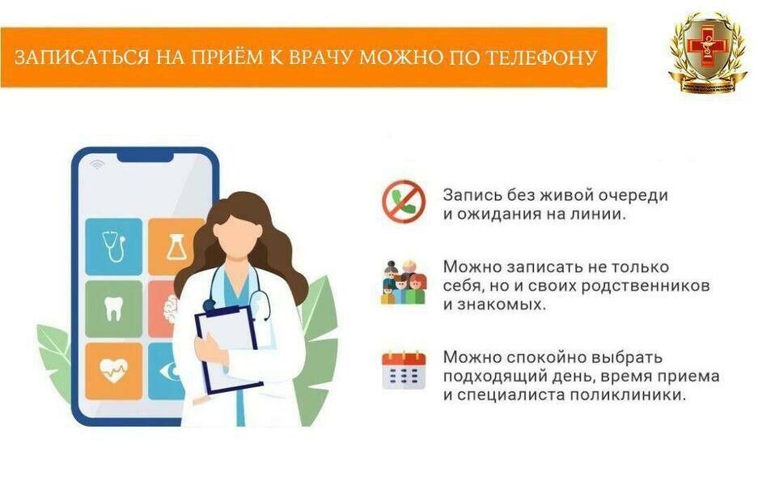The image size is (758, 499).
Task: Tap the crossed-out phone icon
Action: (403, 203)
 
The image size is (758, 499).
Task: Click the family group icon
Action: (403, 283)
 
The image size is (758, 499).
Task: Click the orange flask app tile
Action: (174, 245)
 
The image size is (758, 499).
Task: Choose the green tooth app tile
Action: (113, 308)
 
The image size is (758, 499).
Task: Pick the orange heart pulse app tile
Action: (113, 370)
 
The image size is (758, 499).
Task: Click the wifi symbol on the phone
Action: (98, 164)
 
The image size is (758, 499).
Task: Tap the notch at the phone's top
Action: (146, 154)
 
